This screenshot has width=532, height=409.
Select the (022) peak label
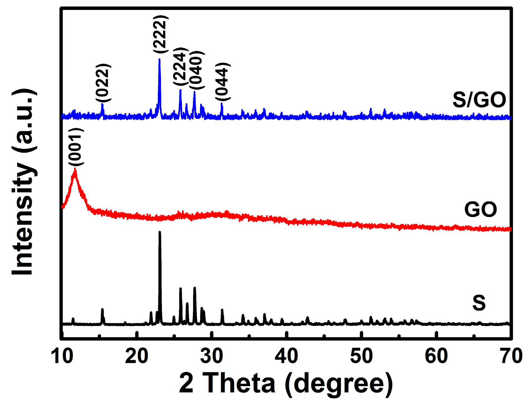103,83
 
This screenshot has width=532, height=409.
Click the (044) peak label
223,81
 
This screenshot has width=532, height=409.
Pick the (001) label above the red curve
76,147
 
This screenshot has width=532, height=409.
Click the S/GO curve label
479,100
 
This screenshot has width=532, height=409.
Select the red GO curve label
481,209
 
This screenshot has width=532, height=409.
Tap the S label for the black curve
479,303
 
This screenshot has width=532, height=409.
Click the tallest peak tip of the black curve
160,232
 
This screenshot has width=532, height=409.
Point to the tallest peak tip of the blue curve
159,59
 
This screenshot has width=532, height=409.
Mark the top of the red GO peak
75,169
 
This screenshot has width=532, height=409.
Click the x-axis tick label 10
63,356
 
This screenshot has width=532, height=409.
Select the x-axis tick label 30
212,356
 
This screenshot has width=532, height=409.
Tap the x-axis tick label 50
361,356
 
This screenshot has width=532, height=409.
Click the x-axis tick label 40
287,356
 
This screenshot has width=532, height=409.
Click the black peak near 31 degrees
222,310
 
